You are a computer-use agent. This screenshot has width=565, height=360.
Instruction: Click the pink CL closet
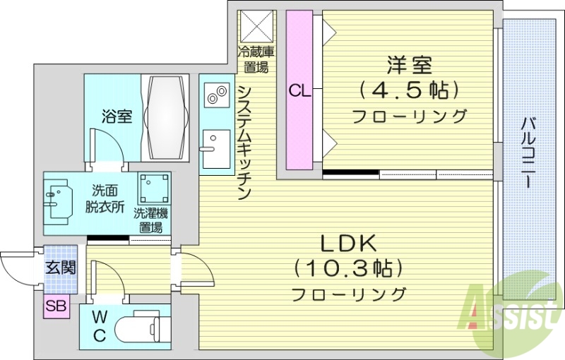(x=299, y=90)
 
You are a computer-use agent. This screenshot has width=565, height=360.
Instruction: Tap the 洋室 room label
(x=409, y=65)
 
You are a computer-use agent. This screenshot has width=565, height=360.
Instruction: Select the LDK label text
(x=349, y=244)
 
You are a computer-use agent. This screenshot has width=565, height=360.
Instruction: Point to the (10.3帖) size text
(x=349, y=269)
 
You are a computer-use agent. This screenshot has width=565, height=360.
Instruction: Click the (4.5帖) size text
(x=410, y=90)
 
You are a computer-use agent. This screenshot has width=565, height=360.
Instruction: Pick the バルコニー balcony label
(x=527, y=152)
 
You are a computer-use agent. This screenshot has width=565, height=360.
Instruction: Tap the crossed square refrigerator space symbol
(x=256, y=26)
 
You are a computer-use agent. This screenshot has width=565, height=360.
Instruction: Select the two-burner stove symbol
(x=216, y=95)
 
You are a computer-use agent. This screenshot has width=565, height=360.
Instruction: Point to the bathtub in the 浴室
(x=167, y=116)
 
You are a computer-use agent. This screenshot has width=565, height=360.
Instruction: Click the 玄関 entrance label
(x=59, y=268)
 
